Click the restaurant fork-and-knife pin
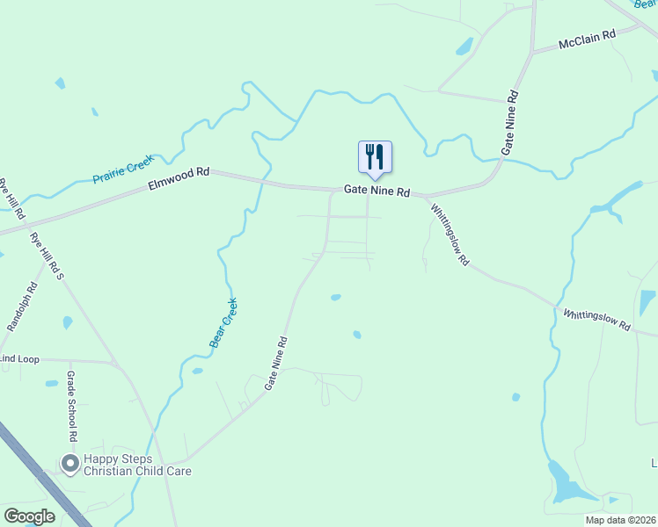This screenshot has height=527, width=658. pyautogui.click(x=375, y=157)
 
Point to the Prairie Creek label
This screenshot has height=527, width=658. pyautogui.click(x=123, y=169)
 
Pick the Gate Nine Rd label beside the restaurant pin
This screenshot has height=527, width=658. pyautogui.click(x=377, y=191)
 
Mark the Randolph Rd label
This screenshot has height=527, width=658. pyautogui.click(x=23, y=307)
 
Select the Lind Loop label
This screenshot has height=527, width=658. pyautogui.click(x=19, y=359)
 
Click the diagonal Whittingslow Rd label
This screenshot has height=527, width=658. pyautogui.click(x=450, y=235)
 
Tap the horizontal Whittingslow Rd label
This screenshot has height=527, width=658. pyautogui.click(x=596, y=320)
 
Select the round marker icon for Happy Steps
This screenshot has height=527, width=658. pyautogui.click(x=69, y=462)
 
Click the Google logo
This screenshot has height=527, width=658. pyautogui.click(x=29, y=516)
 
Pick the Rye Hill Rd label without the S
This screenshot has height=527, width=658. pyautogui.click(x=11, y=199)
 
